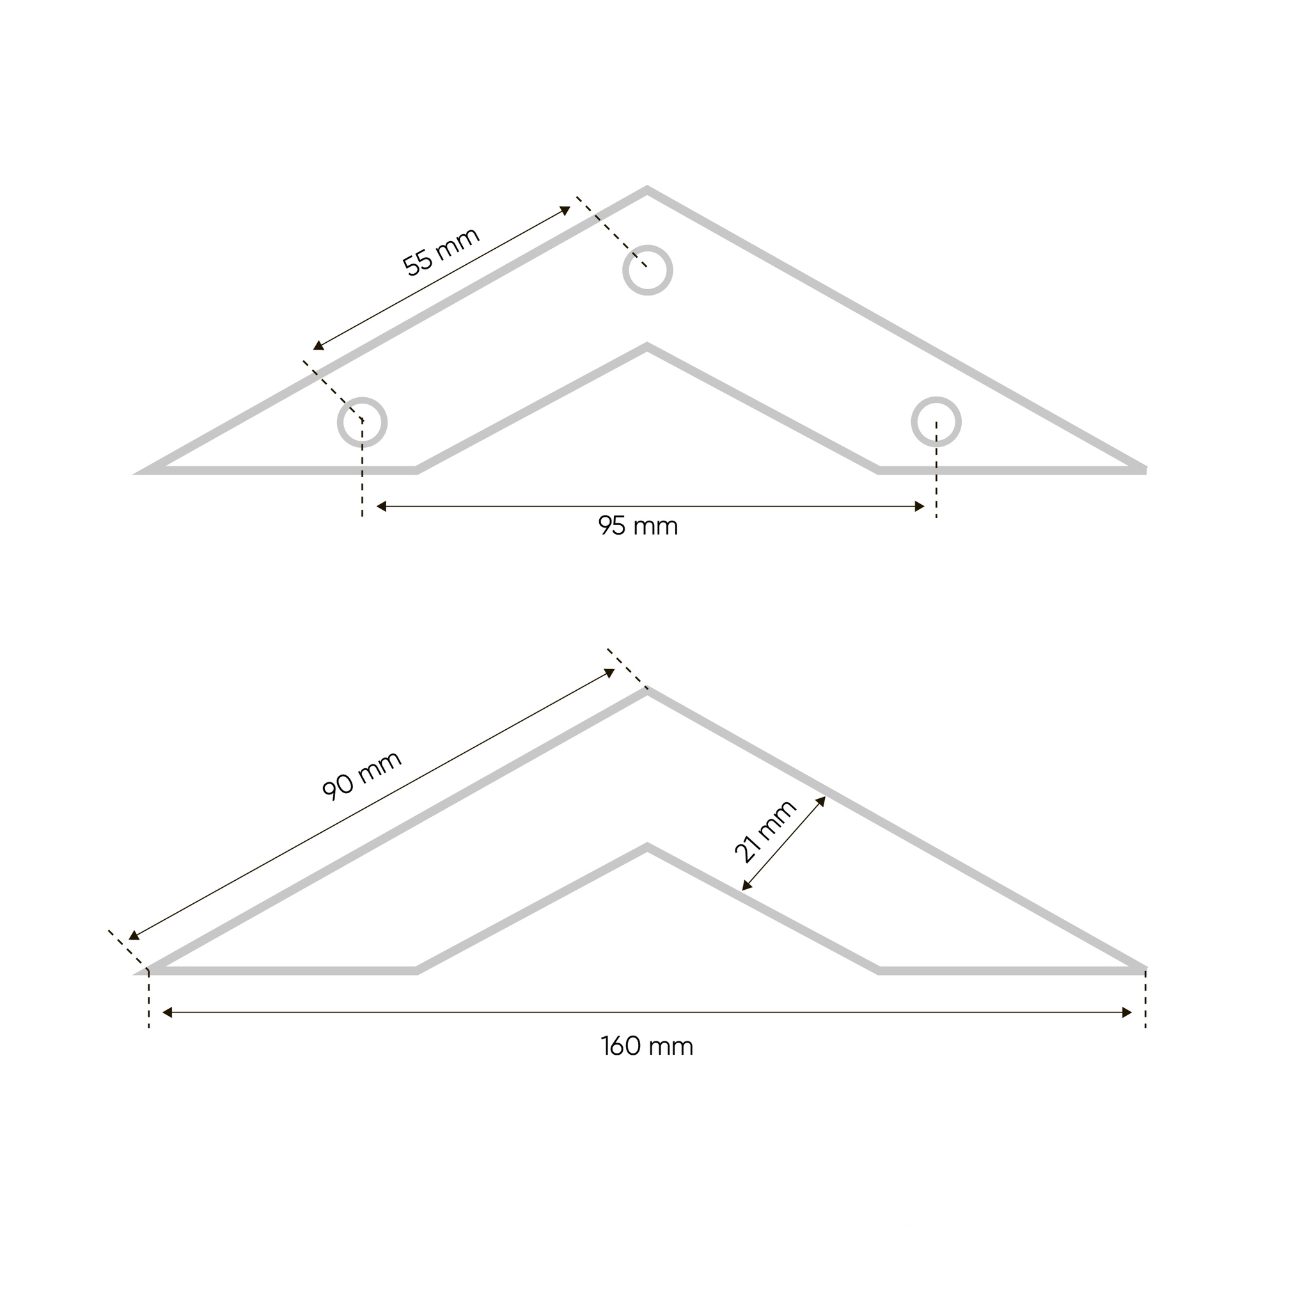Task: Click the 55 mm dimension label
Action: (441, 251)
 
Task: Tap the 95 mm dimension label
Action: (638, 526)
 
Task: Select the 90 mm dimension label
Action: (362, 775)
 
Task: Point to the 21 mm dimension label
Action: (765, 831)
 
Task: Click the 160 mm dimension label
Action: (647, 1046)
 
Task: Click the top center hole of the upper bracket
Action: (647, 270)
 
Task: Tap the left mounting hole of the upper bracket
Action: (362, 422)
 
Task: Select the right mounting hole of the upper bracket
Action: (936, 422)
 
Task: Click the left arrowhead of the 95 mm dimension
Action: (381, 507)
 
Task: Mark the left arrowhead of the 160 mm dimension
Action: (168, 1013)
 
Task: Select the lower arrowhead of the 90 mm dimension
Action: (134, 936)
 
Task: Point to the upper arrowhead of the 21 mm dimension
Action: (821, 801)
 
